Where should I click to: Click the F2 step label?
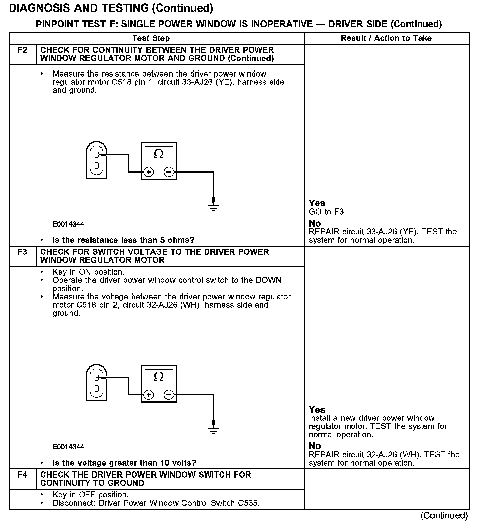tap(22, 50)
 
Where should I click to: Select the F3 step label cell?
tap(22, 252)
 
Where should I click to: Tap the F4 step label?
tap(22, 475)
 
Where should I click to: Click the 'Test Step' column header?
tap(151, 38)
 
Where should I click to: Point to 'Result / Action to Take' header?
tap(386, 38)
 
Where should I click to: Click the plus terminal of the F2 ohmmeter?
tap(149, 172)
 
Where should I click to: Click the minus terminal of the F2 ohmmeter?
tap(169, 172)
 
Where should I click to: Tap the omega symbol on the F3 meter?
tap(158, 376)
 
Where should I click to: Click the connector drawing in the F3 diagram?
tap(96, 383)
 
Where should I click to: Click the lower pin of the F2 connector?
tap(97, 166)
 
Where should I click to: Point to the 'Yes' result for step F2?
tap(317, 203)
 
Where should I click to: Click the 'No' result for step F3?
tap(315, 446)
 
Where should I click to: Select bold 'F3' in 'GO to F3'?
tap(339, 212)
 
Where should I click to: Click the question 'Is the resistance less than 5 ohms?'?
tap(123, 240)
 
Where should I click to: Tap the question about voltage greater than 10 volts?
tap(124, 463)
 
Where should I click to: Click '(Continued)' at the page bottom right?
tap(444, 515)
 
